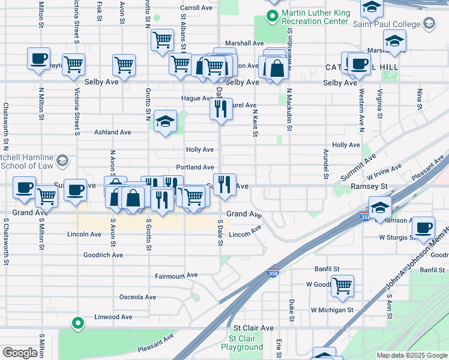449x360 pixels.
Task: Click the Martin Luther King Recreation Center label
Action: [315, 16]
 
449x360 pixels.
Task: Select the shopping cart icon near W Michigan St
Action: [342, 286]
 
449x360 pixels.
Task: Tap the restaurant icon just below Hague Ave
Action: [221, 109]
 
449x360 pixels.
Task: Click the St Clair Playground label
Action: [242, 343]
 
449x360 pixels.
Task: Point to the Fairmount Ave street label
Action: [176, 275]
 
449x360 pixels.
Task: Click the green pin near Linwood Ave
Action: [77, 323]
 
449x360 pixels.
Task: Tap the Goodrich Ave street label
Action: [103, 255]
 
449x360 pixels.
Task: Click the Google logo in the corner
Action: [20, 352]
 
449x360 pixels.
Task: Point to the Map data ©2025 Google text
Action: [411, 355]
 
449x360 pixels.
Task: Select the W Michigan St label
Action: [332, 310]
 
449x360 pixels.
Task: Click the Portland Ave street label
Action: [195, 167]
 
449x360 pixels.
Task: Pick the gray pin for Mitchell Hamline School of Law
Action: [63, 160]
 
